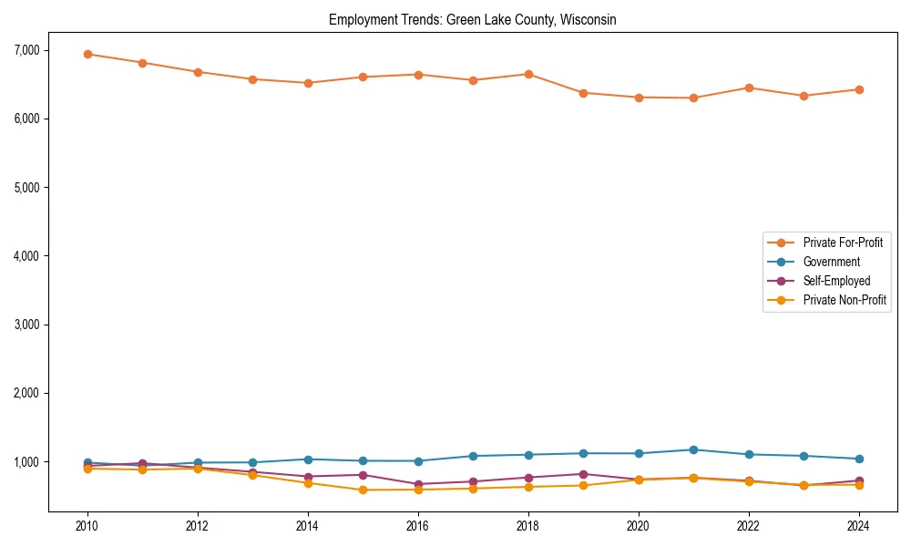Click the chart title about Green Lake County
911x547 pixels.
(472, 20)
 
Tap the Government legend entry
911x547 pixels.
(831, 262)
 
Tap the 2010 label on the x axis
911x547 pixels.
(87, 526)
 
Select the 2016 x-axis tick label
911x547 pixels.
(417, 526)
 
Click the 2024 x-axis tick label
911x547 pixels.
(858, 526)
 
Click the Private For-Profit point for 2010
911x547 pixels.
(87, 54)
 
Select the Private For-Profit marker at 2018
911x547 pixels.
(528, 74)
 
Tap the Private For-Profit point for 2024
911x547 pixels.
(858, 89)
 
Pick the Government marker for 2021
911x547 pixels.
(693, 449)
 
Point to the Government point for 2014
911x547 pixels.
(308, 459)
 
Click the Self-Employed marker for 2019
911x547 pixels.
(583, 474)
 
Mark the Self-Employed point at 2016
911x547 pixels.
(417, 484)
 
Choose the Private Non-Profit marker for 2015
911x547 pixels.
(363, 490)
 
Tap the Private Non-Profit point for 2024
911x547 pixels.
(858, 485)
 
